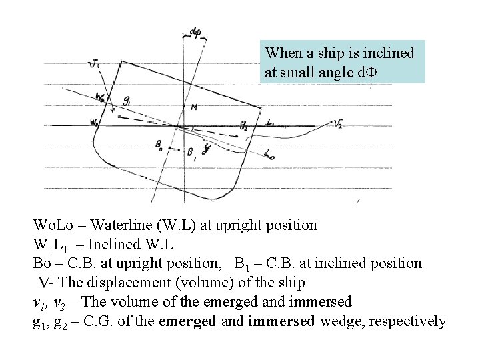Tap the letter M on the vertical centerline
[193, 107]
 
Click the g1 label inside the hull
[127, 100]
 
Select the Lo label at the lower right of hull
[269, 155]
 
